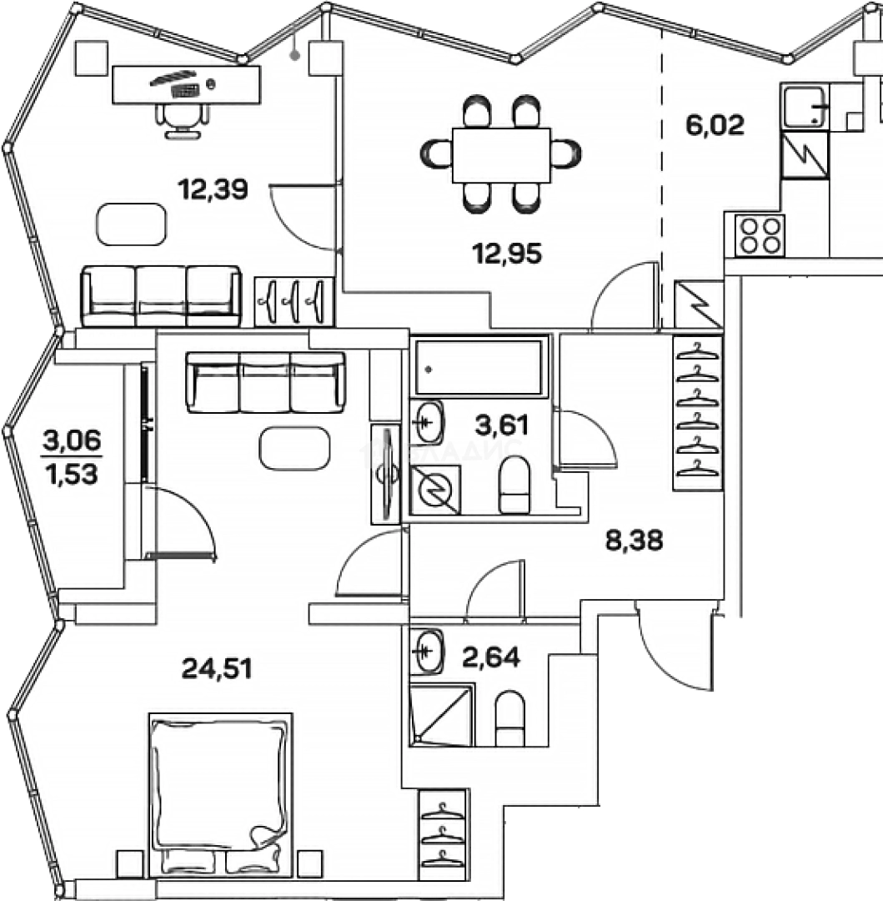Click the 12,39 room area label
coord(213,190)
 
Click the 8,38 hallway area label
coord(634,541)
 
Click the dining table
coord(501,154)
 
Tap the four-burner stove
coord(760,235)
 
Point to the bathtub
coord(479,365)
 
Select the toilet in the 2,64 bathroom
coord(509,719)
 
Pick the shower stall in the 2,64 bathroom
coord(442,713)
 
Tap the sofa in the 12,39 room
coord(161,296)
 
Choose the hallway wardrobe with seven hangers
coord(697,413)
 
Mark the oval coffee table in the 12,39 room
coord(132,224)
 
